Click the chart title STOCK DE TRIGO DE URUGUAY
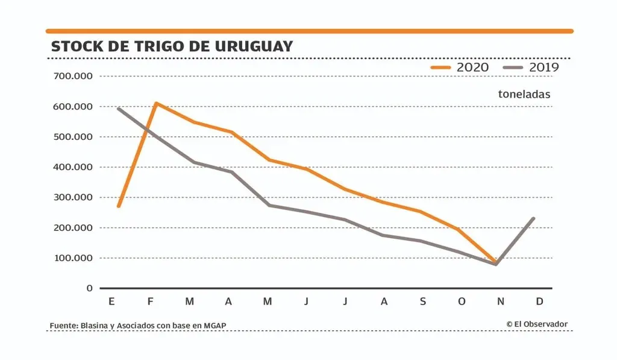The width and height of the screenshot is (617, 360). pyautogui.click(x=172, y=46)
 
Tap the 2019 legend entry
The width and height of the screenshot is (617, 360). pyautogui.click(x=532, y=68)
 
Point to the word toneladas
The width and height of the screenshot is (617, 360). pyautogui.click(x=524, y=94)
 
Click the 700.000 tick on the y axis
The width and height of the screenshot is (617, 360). pyautogui.click(x=71, y=77)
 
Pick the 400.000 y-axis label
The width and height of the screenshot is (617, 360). pyautogui.click(x=71, y=167)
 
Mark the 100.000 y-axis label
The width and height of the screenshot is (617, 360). pyautogui.click(x=71, y=258)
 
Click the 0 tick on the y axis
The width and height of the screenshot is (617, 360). pyautogui.click(x=89, y=288)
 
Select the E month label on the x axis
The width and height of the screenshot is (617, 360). pyautogui.click(x=111, y=302)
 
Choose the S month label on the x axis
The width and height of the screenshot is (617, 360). pyautogui.click(x=422, y=302)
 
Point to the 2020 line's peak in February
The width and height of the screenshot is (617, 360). pyautogui.click(x=157, y=103)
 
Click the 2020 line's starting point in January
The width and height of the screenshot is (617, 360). pyautogui.click(x=118, y=206)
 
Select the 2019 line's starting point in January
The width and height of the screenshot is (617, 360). pyautogui.click(x=118, y=109)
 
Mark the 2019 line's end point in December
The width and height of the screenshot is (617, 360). pyautogui.click(x=533, y=218)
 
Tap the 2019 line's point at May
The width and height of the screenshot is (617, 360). pyautogui.click(x=268, y=205)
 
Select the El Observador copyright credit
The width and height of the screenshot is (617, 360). pyautogui.click(x=537, y=324)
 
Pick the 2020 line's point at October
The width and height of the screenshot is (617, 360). pyautogui.click(x=459, y=230)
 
